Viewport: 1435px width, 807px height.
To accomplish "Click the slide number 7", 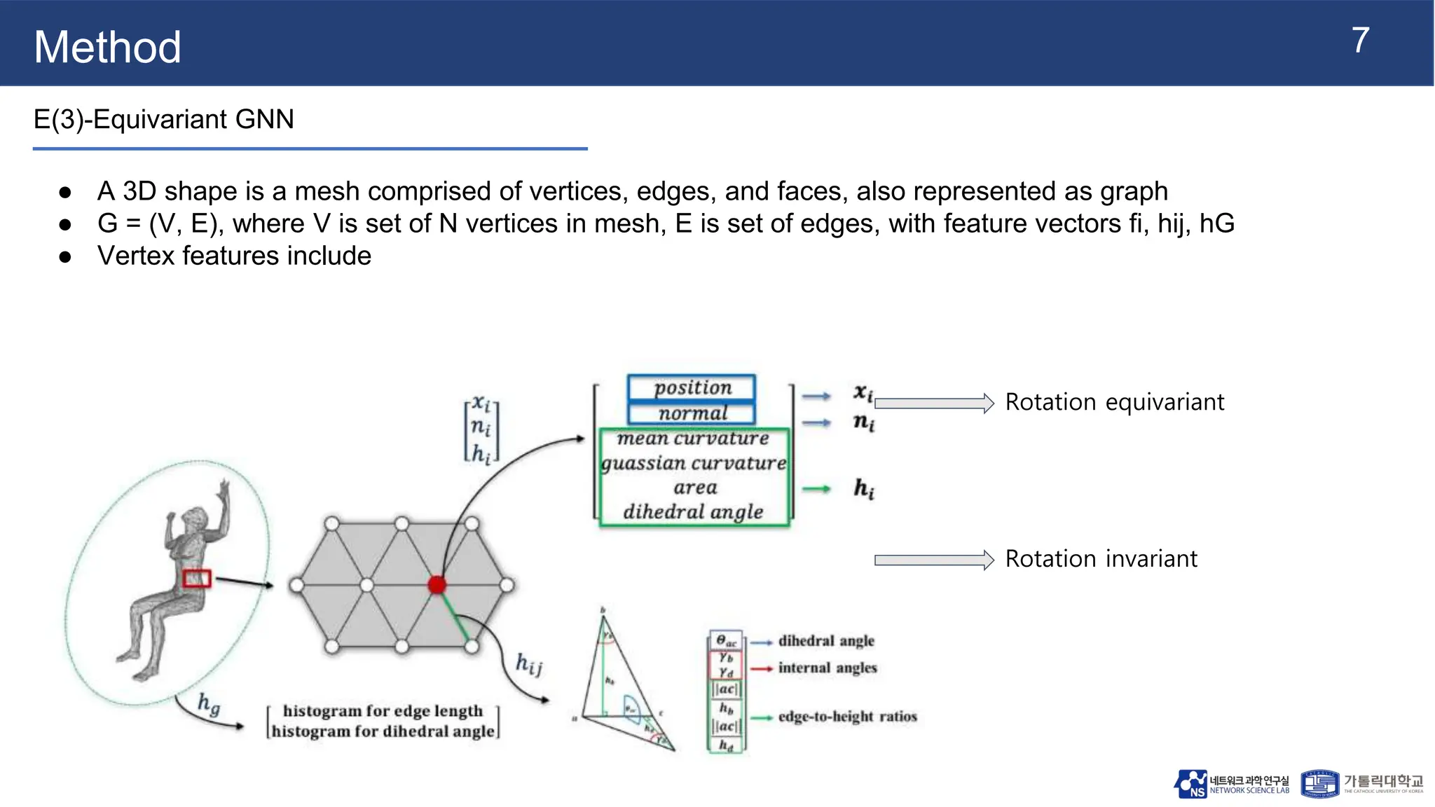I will coord(1359,41).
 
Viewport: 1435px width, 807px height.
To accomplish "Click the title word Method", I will coord(107,48).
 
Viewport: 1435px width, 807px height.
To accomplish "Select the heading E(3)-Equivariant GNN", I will coord(163,120).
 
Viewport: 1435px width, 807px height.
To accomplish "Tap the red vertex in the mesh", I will coord(437,584).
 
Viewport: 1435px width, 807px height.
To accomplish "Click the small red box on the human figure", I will coord(196,579).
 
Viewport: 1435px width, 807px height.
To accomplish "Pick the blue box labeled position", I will coord(692,387).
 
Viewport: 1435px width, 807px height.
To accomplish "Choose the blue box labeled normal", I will coord(692,413).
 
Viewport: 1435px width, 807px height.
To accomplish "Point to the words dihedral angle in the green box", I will coord(693,512).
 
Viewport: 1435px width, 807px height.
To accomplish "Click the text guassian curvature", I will coord(694,463).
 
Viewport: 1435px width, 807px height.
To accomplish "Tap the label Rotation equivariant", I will coord(1114,402).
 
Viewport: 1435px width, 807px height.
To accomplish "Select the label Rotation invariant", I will coord(1101,559).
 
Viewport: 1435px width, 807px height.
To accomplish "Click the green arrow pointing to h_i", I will coord(816,489).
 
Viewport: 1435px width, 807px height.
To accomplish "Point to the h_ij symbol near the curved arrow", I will coord(529,663).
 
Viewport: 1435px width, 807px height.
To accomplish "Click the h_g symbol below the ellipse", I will coord(209,703).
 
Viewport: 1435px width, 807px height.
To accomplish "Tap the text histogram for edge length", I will coord(383,710).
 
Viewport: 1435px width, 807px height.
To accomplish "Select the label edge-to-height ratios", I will coord(847,717).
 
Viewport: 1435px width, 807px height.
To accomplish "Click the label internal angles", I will coord(827,668).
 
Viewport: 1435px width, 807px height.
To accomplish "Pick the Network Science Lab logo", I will coord(1231,784).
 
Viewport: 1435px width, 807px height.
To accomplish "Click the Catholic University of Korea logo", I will coord(1361,784).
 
